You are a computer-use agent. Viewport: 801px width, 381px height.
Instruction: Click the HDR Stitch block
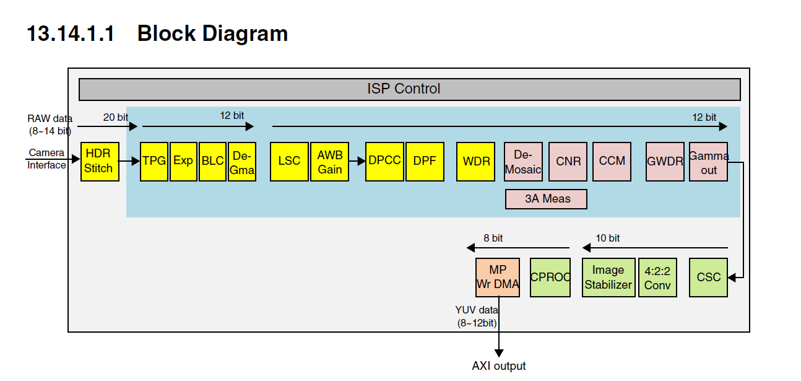point(100,161)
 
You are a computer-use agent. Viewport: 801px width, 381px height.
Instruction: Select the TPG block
point(154,161)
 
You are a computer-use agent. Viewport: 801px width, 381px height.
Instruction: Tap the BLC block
point(212,161)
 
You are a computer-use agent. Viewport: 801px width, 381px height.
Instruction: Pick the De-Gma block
point(241,161)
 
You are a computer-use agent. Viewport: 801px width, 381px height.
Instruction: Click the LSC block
point(289,161)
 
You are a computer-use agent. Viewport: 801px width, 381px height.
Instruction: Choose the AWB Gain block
point(329,161)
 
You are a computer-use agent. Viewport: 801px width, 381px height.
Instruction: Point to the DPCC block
point(384,161)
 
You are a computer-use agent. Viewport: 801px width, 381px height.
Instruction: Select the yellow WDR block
point(476,161)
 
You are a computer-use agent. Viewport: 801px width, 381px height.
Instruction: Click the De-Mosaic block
point(523,161)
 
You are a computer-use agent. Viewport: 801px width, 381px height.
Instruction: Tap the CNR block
point(568,161)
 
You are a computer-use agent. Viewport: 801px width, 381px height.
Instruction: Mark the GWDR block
point(665,161)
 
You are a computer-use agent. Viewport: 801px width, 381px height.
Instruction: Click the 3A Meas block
point(547,199)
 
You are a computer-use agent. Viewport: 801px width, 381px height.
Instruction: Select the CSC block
point(708,277)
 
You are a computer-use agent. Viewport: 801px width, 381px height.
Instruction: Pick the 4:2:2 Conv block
point(657,277)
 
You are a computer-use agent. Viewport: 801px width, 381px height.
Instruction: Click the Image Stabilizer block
point(608,277)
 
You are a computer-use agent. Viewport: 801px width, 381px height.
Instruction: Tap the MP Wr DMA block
point(498,277)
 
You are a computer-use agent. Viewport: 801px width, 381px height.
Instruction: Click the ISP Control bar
point(409,89)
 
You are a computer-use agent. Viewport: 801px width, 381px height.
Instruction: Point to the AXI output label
point(498,366)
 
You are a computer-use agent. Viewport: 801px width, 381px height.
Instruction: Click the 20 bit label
point(115,117)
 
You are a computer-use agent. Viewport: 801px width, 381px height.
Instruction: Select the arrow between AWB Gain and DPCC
point(357,161)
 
